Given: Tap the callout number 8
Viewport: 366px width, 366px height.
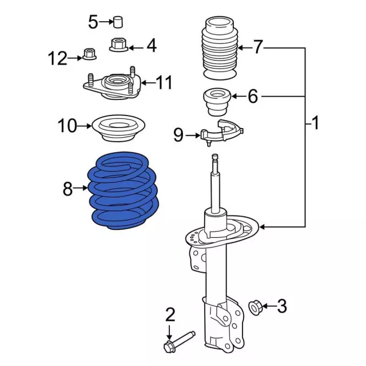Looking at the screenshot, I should (68, 189).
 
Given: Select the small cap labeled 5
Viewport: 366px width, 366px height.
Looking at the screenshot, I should (118, 22).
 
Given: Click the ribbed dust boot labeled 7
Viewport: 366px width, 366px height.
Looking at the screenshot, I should (219, 50).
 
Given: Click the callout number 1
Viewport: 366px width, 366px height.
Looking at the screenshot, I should (315, 122).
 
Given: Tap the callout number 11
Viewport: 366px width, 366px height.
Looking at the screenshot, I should (164, 83).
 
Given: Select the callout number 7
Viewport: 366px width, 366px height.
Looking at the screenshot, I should (258, 47).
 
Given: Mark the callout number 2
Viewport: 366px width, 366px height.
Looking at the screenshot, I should (170, 314).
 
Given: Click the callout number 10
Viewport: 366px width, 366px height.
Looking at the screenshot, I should (67, 125).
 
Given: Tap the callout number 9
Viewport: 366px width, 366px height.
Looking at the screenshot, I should (179, 135).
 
